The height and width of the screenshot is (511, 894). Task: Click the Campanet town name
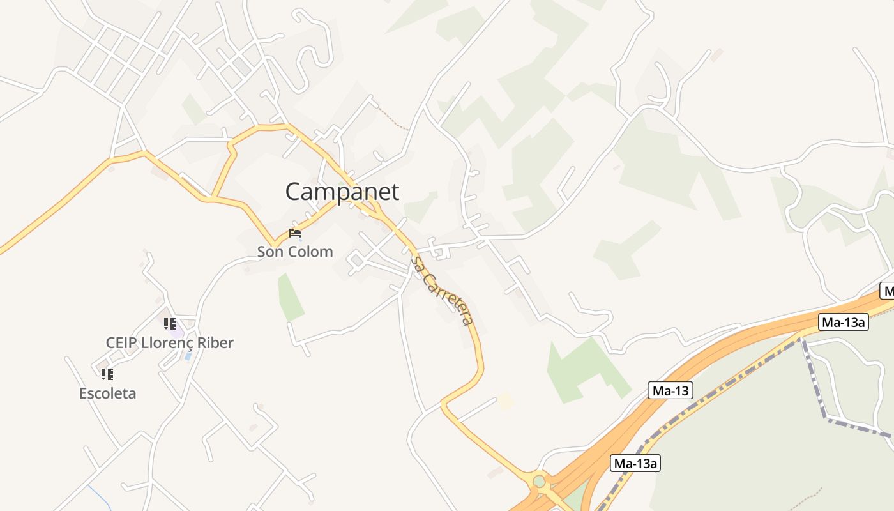pos(342,192)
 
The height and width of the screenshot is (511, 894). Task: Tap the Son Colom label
pos(295,252)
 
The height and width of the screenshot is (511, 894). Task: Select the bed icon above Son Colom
pos(295,233)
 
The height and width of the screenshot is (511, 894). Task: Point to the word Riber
pos(216,343)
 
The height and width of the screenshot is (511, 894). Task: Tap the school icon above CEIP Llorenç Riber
pos(169,324)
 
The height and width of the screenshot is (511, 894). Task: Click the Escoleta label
pos(107,393)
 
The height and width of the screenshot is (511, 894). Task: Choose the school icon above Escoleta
pos(107,374)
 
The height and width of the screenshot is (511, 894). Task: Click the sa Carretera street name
pos(443,291)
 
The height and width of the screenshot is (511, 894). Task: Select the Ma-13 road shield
pos(670,390)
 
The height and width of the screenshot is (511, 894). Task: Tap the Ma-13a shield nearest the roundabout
pos(635,464)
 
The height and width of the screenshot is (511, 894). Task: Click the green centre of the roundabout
pos(540,481)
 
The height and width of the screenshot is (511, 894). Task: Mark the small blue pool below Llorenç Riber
pos(187,355)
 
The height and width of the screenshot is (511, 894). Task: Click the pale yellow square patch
pos(506,402)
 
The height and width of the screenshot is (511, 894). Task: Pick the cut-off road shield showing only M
pos(887,291)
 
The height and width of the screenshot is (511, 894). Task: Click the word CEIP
pos(121,343)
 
